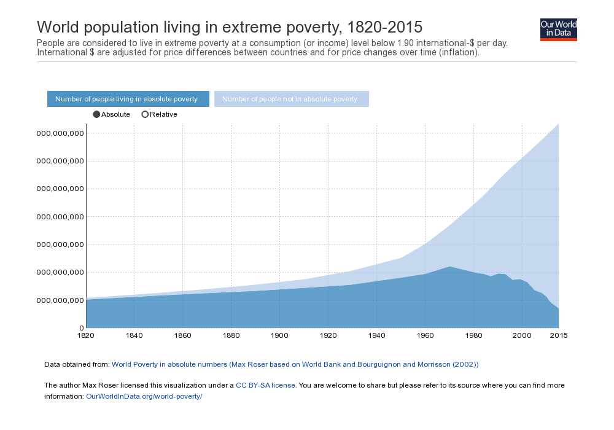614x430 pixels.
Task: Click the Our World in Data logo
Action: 558,29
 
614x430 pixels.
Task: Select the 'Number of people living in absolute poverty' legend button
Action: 128,99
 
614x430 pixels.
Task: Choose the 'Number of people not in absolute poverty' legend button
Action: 291,99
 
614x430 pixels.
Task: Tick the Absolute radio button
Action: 96,114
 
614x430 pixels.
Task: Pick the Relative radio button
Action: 145,114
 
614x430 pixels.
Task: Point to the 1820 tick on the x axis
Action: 86,335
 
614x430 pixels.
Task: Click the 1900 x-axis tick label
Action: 279,335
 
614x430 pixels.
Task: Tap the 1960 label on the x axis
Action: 425,335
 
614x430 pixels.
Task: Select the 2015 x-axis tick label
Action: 558,335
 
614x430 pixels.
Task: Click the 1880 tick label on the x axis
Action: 231,335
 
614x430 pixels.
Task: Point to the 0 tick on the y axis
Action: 81,328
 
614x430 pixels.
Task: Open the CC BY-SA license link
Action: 266,385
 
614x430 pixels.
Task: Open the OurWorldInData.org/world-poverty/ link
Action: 144,396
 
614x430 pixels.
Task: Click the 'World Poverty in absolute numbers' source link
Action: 295,364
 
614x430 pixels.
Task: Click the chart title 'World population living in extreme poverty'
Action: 230,27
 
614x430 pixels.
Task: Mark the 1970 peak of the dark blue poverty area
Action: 449,267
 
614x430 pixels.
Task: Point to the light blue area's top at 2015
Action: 558,124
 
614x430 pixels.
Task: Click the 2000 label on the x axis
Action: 521,335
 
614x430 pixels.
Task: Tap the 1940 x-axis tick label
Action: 376,335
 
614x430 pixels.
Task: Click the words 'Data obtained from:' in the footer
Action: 77,364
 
